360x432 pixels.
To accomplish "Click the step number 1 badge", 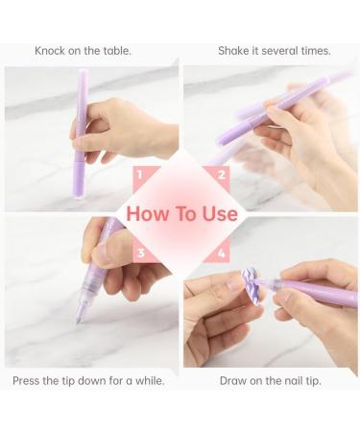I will click(x=140, y=175).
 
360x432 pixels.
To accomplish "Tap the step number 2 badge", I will click(x=221, y=175).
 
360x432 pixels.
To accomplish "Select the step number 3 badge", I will click(x=140, y=254).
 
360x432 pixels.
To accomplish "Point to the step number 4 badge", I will click(x=221, y=254).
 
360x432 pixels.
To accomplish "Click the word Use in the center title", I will click(x=219, y=213).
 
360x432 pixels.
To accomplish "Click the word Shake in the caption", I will click(x=236, y=51).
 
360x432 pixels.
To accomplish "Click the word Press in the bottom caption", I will click(x=30, y=381).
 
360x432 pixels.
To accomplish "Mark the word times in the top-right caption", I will click(x=314, y=51).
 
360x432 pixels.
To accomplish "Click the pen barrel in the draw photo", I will click(x=317, y=290).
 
